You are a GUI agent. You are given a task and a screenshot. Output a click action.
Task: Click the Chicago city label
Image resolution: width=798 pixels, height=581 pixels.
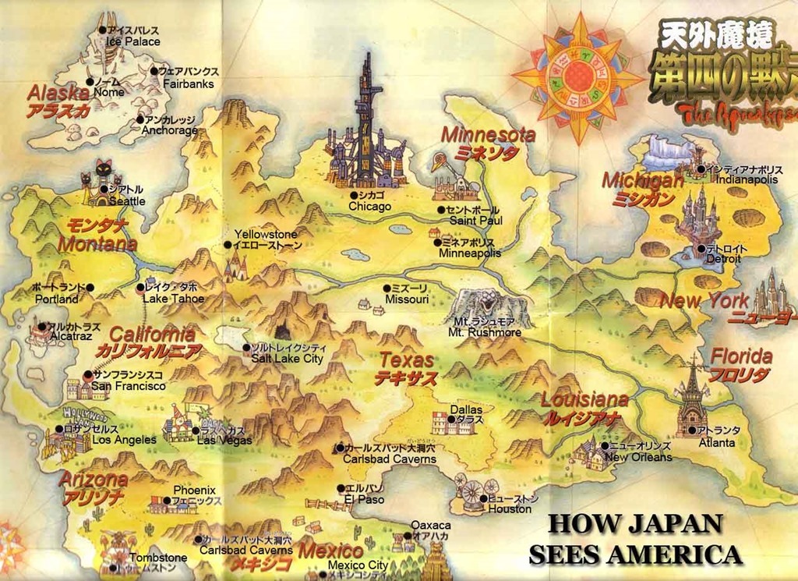[x=369, y=207]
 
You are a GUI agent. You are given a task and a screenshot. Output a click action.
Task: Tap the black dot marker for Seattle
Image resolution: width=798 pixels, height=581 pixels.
[x=103, y=189]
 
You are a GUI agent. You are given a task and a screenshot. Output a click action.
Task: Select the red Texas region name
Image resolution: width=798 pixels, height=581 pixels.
[x=406, y=360]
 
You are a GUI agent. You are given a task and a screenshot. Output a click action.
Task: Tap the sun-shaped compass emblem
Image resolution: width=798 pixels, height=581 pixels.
[x=577, y=76]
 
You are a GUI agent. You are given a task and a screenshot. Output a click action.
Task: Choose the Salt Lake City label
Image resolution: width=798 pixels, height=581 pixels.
[x=286, y=358]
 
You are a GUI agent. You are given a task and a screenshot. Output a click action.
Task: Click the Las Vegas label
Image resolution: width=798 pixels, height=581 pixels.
[x=224, y=440]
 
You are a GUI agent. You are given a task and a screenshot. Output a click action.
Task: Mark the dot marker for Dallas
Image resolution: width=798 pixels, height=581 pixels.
[x=450, y=420]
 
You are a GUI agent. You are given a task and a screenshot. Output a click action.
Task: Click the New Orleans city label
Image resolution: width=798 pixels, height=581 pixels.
[x=638, y=457]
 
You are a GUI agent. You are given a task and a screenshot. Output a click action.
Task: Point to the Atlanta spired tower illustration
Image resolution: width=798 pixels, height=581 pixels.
[x=691, y=398]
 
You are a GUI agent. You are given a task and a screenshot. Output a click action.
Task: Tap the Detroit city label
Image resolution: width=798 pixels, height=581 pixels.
[x=723, y=259]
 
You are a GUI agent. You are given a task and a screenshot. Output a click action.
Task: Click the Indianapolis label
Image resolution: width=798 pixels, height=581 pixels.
[x=747, y=179]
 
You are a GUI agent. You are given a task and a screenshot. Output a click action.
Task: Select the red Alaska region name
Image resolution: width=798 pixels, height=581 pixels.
[x=58, y=93]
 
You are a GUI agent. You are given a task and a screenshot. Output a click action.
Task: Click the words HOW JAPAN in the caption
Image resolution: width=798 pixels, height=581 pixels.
[x=634, y=523]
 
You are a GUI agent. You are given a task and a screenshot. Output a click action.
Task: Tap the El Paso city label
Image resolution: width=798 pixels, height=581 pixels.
[x=364, y=499]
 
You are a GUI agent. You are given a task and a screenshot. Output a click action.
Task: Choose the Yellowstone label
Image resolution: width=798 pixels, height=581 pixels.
[x=266, y=234]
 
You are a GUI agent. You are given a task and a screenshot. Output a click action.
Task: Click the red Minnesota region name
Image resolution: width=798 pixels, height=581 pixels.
[x=488, y=134]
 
